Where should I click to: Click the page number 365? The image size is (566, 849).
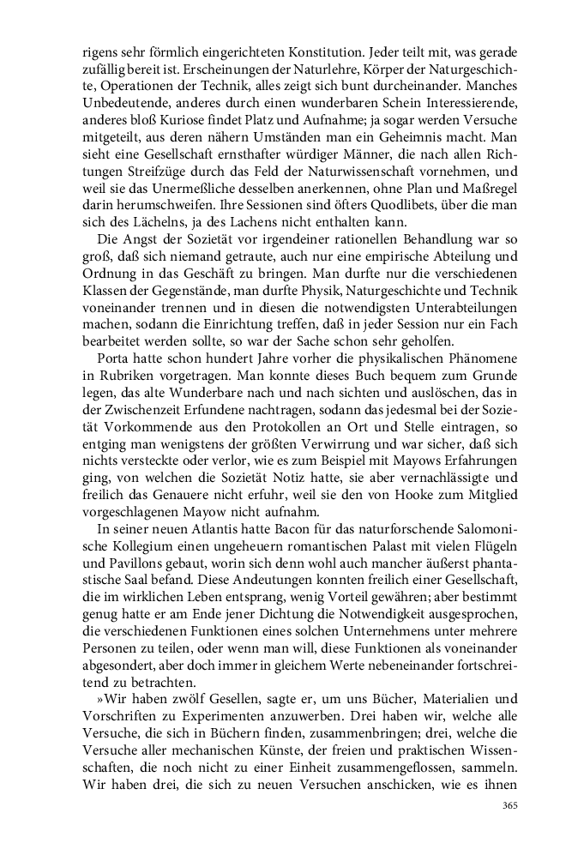(510, 806)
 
